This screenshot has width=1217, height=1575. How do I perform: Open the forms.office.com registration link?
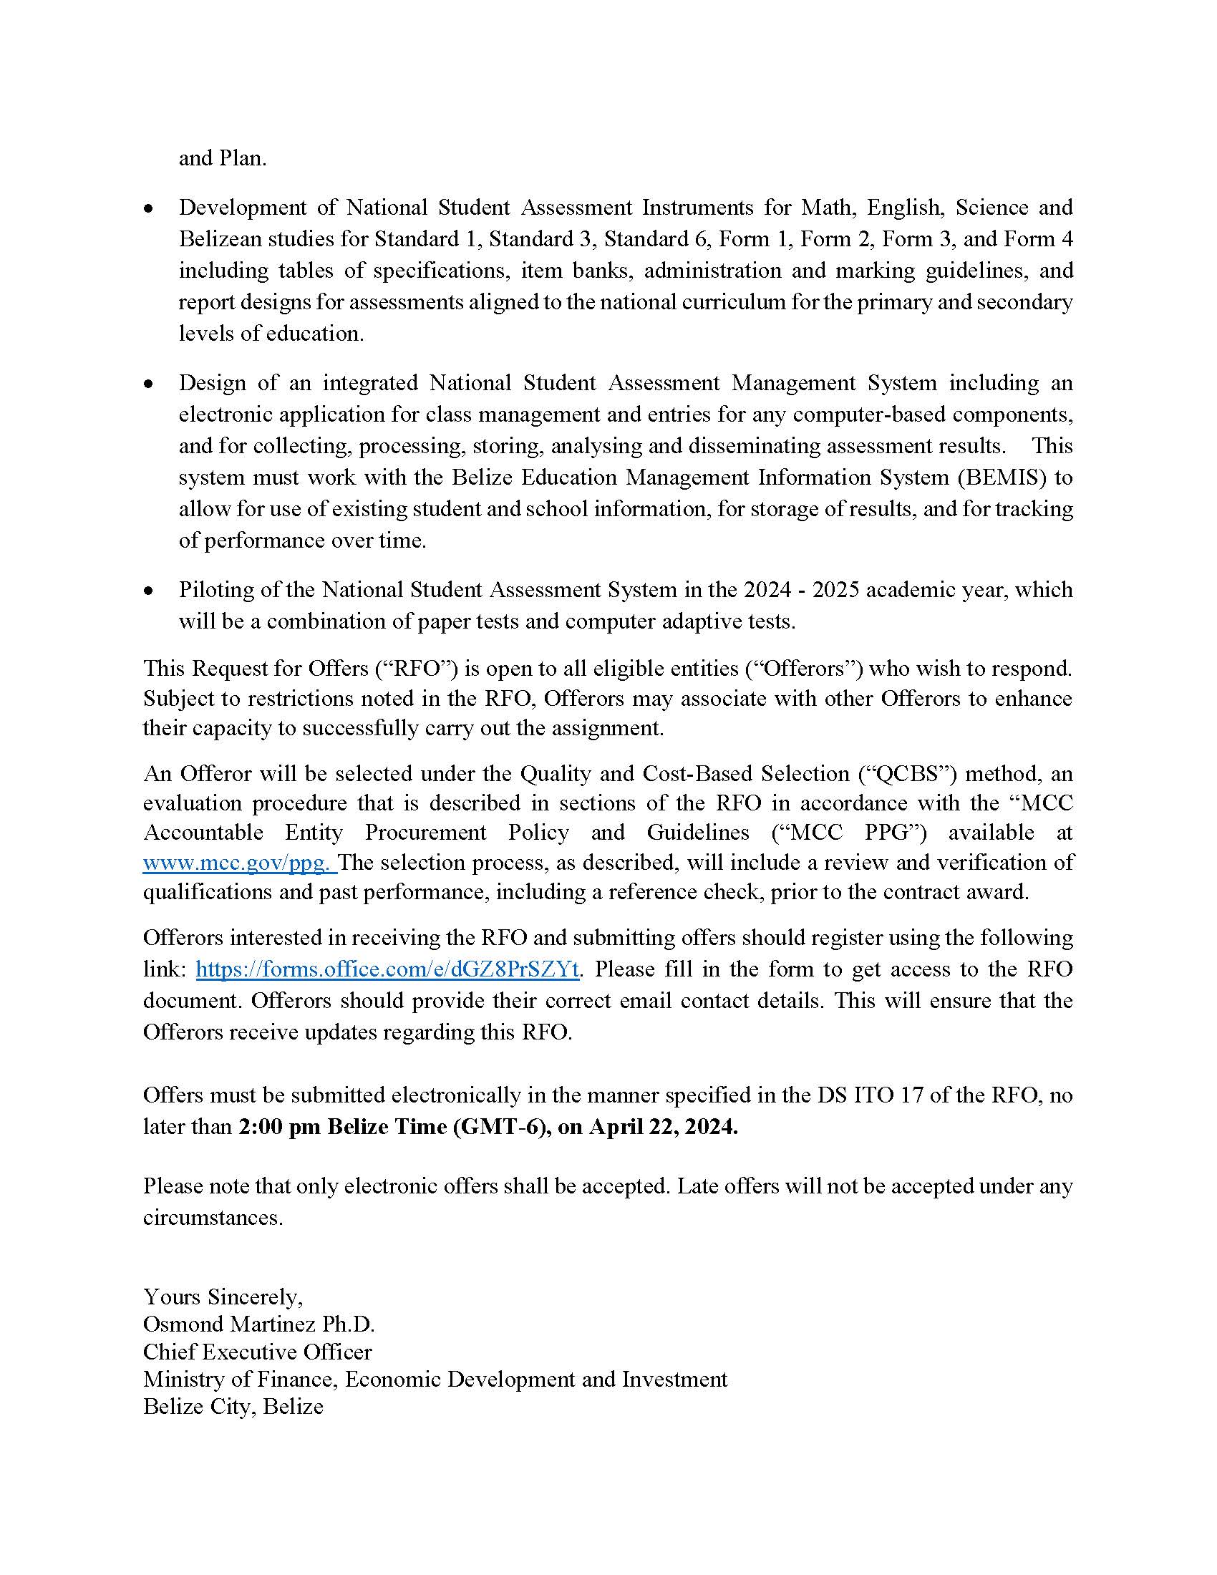387,969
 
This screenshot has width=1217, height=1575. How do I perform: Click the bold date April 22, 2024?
663,1126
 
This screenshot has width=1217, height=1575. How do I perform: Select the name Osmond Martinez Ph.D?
259,1324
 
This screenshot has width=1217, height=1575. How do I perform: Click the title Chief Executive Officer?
258,1352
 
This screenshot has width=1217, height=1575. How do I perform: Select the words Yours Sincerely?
223,1297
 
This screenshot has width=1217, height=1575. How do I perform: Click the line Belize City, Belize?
233,1406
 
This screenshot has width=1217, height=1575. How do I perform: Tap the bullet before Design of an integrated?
148,384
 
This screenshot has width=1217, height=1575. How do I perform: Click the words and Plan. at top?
222,159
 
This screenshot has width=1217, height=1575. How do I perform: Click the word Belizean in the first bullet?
221,238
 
